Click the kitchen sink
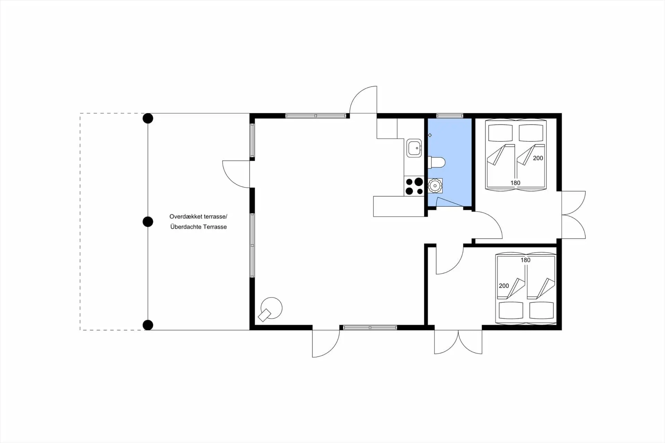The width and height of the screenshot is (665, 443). click(x=414, y=148)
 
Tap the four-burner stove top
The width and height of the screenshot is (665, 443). click(x=414, y=186)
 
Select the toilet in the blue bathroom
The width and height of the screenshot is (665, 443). click(x=437, y=162)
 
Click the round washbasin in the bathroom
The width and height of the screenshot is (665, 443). click(x=435, y=186)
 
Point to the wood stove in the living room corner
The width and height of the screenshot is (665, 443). click(x=271, y=309)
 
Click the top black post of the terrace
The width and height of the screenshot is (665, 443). click(x=148, y=118)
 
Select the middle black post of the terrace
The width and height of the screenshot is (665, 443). click(x=148, y=222)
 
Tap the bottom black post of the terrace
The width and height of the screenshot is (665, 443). click(x=148, y=325)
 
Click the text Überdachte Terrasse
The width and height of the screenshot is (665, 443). click(x=198, y=227)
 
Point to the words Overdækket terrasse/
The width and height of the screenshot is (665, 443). click(x=198, y=216)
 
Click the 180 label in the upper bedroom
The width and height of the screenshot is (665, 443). click(x=515, y=183)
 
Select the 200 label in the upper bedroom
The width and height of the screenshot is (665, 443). click(x=538, y=158)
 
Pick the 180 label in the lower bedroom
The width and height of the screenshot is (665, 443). click(x=525, y=260)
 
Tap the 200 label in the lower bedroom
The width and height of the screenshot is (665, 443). click(x=504, y=286)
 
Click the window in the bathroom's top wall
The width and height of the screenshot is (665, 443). click(x=450, y=116)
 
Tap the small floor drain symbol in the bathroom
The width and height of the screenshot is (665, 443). click(x=430, y=135)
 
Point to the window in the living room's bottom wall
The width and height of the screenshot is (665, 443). click(x=370, y=327)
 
